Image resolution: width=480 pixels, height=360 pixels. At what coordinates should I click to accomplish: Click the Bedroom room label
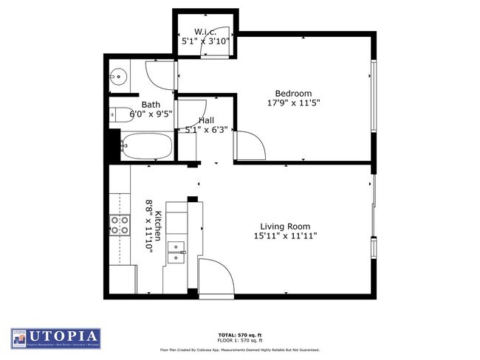[x=293, y=93]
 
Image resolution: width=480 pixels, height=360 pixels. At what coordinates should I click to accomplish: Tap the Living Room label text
[x=284, y=226]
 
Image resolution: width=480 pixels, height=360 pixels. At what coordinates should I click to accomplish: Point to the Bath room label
[x=151, y=105]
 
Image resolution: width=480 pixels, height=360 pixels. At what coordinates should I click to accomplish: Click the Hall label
[x=206, y=120]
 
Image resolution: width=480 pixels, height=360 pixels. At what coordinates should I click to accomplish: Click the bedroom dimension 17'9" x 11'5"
[x=293, y=103]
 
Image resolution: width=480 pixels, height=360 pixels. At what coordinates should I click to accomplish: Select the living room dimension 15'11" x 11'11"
[x=284, y=237]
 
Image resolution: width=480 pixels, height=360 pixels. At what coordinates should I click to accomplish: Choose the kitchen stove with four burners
[x=119, y=225]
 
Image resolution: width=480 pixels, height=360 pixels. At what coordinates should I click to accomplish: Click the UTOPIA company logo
[x=56, y=338]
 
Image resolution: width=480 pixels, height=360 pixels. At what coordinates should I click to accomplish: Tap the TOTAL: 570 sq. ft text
[x=240, y=333]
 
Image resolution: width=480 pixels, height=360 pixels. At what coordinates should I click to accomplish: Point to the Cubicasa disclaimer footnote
[x=240, y=350]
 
